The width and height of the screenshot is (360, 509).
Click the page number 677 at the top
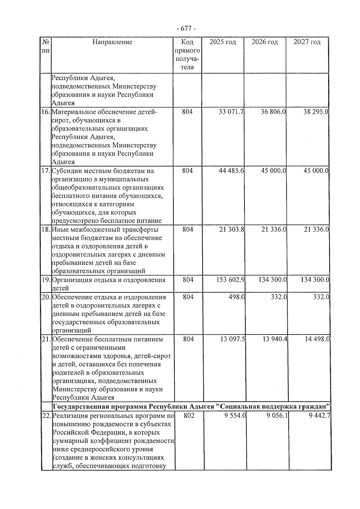click(x=186, y=28)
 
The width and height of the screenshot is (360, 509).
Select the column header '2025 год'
click(x=223, y=42)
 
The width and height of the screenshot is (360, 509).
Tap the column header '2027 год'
click(x=307, y=42)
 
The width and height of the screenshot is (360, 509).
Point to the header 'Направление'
click(x=112, y=42)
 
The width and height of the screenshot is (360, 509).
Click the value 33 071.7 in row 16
click(x=231, y=112)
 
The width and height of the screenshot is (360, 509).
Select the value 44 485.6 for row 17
click(x=231, y=171)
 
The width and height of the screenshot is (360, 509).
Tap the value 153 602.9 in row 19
click(x=230, y=280)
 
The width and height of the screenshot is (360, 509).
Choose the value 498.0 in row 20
click(x=237, y=297)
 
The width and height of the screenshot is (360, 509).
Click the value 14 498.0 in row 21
click(x=317, y=339)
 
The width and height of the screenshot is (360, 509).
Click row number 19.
click(x=46, y=280)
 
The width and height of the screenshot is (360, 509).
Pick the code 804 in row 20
click(x=188, y=297)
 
